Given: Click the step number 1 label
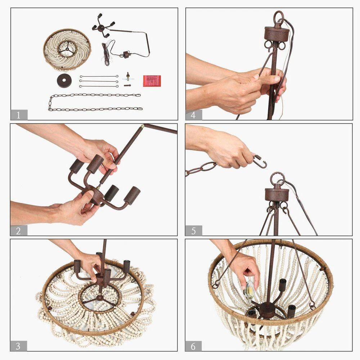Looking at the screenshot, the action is (x=19, y=115).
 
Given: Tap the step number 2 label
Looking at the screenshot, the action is (x=19, y=230).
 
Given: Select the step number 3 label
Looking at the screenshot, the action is (x=18, y=346).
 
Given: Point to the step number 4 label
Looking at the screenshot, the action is (x=194, y=115).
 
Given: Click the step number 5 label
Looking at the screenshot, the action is (x=194, y=230).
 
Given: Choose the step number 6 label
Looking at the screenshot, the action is (x=193, y=346).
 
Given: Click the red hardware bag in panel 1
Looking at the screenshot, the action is (x=152, y=81).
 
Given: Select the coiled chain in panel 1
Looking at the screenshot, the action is (x=95, y=102).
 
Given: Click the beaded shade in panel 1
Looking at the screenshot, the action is (x=67, y=49).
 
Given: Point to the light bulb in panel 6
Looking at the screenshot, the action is (x=249, y=292).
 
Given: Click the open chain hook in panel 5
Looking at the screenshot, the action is (x=260, y=161).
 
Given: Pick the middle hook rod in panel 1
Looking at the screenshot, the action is (x=99, y=81).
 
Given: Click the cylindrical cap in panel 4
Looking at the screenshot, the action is (x=276, y=33).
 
